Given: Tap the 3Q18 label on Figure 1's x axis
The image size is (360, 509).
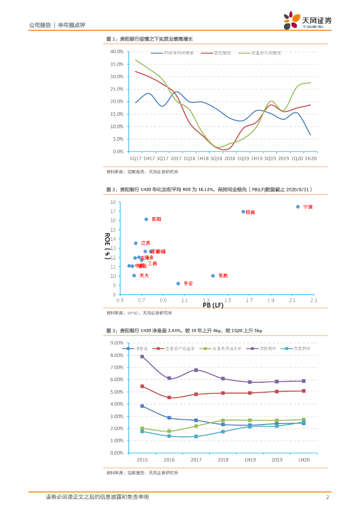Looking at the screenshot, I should point(216,158).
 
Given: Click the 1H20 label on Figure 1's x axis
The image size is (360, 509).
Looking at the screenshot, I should point(310,158).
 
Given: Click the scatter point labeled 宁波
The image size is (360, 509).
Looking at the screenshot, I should point(298,207).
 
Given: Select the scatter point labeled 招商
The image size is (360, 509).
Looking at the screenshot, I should point(243,212).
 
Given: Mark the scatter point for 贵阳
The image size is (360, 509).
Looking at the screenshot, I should point(146,219).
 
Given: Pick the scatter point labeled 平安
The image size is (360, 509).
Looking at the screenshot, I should point(178,283).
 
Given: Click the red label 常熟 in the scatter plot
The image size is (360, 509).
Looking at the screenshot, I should point(223,276).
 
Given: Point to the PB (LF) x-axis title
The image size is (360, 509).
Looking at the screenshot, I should point(213,305).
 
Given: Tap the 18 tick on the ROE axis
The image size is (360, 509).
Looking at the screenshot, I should point(113,202).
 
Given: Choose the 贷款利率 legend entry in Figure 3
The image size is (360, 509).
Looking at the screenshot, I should point(270,349).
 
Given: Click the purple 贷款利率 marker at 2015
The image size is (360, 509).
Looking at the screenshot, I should point(142,356).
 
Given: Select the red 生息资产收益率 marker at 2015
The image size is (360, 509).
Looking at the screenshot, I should point(142,386).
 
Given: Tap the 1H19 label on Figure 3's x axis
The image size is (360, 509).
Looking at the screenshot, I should point(250,460).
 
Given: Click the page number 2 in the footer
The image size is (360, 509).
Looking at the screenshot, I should point(327,497).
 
